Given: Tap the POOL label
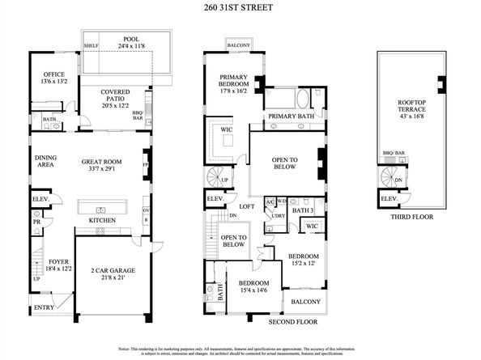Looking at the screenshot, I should click(131, 39).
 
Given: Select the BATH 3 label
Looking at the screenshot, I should click(302, 210).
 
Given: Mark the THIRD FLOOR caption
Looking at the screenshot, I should click(412, 217).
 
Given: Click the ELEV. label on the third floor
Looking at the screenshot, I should click(389, 198).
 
